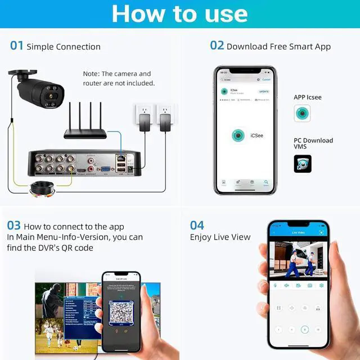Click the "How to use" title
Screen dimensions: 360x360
179,13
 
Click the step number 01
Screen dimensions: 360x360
17,46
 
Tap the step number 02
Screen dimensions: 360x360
217,46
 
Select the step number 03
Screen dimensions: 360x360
14,226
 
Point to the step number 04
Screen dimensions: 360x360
197,226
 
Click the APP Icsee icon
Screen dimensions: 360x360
302,114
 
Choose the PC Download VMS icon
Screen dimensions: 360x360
302,164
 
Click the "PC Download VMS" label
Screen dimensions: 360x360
313,143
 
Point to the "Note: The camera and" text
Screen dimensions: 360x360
117,74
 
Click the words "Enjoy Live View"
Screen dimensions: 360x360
220,237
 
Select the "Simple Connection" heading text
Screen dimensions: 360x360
64,47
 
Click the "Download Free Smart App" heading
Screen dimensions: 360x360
278,47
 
